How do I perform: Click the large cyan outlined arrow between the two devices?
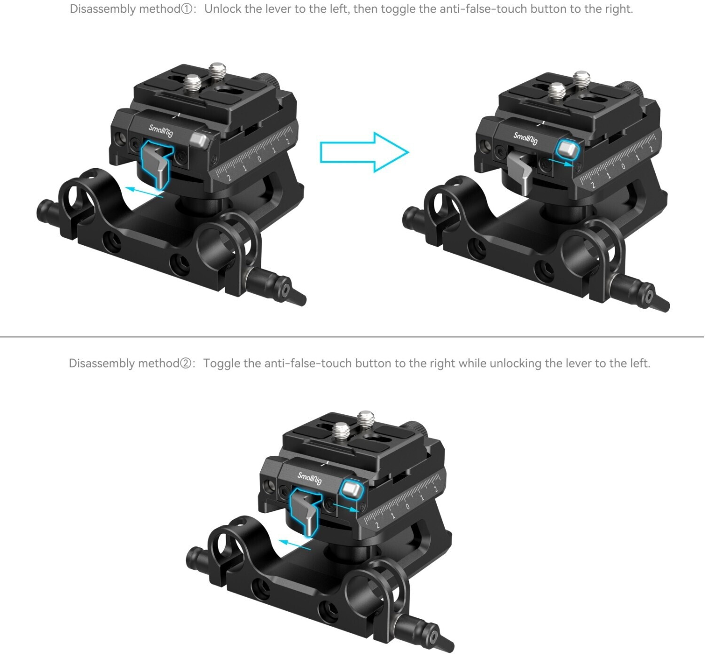pyautogui.click(x=365, y=153)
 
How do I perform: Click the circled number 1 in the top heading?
pyautogui.click(x=187, y=9)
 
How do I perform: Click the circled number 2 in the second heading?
pyautogui.click(x=186, y=363)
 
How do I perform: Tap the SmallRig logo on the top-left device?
pyautogui.click(x=161, y=131)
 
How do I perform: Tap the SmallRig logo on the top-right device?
pyautogui.click(x=525, y=138)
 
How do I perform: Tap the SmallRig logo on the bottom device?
pyautogui.click(x=310, y=478)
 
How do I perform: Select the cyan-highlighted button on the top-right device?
pyautogui.click(x=568, y=149)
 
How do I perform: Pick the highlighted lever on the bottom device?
pyautogui.click(x=305, y=511)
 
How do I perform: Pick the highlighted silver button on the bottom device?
pyautogui.click(x=352, y=490)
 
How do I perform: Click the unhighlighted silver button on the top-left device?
pyautogui.click(x=200, y=140)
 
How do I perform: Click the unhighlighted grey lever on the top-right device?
pyautogui.click(x=520, y=173)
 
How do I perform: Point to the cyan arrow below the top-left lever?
pyautogui.click(x=144, y=192)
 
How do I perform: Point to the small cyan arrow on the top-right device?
pyautogui.click(x=561, y=163)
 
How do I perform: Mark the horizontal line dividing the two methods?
pyautogui.click(x=352, y=336)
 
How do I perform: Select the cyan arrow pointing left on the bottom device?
pyautogui.click(x=294, y=545)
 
